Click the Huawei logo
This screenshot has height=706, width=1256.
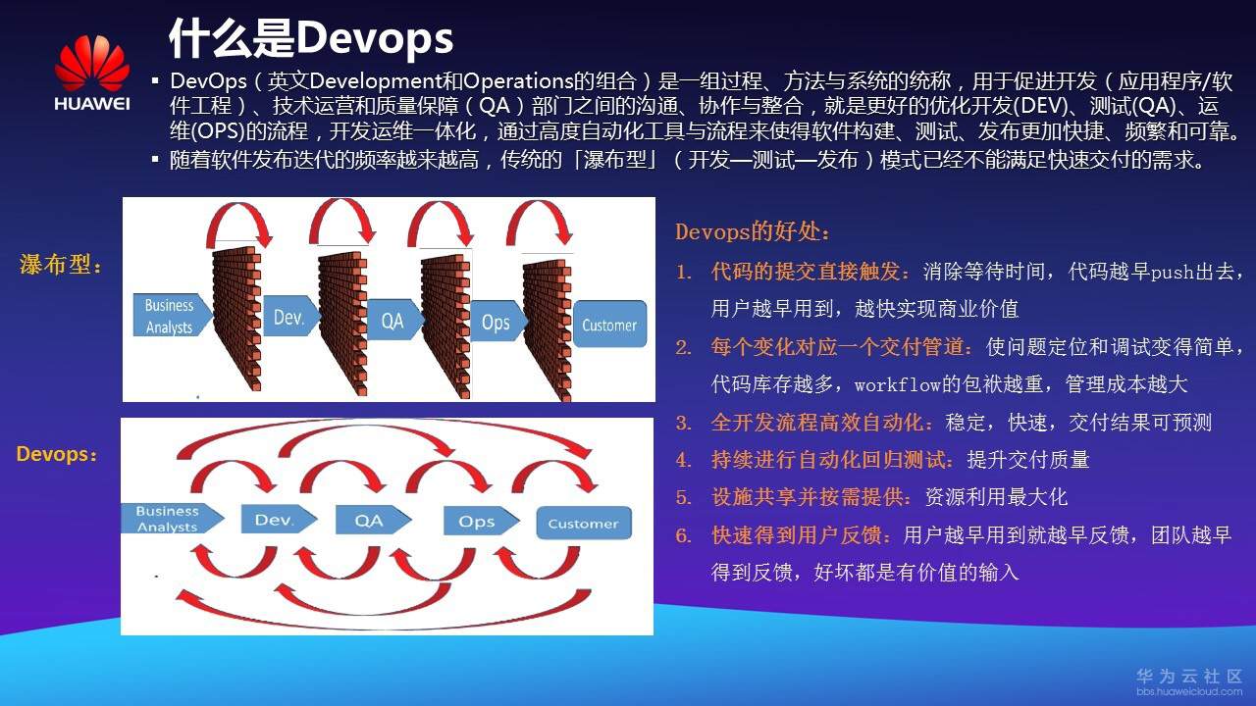pyautogui.click(x=91, y=74)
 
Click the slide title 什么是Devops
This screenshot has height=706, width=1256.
pyautogui.click(x=311, y=38)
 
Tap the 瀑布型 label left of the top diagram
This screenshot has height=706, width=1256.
pyautogui.click(x=61, y=265)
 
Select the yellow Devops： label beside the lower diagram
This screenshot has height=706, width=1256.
pyautogui.click(x=57, y=454)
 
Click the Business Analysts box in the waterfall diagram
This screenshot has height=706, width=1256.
pyautogui.click(x=171, y=315)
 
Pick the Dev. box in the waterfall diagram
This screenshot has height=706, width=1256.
pyautogui.click(x=289, y=318)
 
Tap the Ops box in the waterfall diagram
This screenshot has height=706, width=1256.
pyautogui.click(x=496, y=322)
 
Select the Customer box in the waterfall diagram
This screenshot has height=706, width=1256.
pyautogui.click(x=608, y=325)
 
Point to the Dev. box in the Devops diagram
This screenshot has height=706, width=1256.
pyautogui.click(x=275, y=520)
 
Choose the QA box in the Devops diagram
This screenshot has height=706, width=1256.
pyautogui.click(x=369, y=520)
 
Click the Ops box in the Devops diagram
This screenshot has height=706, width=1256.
pyautogui.click(x=477, y=521)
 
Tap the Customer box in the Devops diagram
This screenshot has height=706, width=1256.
pyautogui.click(x=583, y=523)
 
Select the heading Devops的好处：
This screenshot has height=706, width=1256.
pyautogui.click(x=754, y=232)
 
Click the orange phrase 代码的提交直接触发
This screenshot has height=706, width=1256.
pyautogui.click(x=811, y=272)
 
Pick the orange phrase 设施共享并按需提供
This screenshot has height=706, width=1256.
pyautogui.click(x=811, y=496)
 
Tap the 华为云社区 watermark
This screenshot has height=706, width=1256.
pyautogui.click(x=1189, y=677)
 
